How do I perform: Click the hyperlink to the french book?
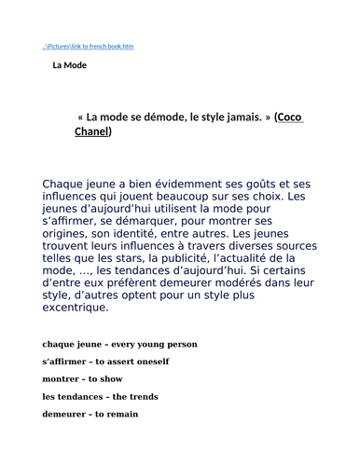pyautogui.click(x=88, y=47)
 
